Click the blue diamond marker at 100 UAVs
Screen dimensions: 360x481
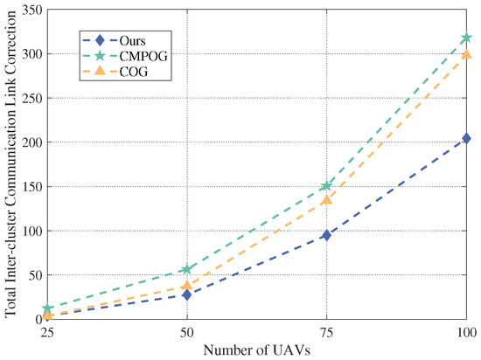[x=466, y=138]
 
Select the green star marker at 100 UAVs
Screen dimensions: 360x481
[x=466, y=38]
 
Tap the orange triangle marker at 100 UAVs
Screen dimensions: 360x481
[x=466, y=54]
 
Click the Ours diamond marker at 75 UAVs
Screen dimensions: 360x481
[x=326, y=235]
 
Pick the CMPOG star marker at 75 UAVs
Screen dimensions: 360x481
[x=326, y=186]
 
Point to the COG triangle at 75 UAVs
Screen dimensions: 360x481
[x=326, y=200]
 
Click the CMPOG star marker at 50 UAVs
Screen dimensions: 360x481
[x=186, y=269]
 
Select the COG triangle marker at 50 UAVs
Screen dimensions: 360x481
[x=186, y=286]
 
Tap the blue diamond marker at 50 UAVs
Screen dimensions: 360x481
[x=186, y=294]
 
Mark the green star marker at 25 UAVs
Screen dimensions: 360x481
[x=46, y=308]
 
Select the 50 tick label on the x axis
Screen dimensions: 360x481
[x=186, y=334]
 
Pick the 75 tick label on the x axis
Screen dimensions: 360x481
[x=326, y=334]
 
